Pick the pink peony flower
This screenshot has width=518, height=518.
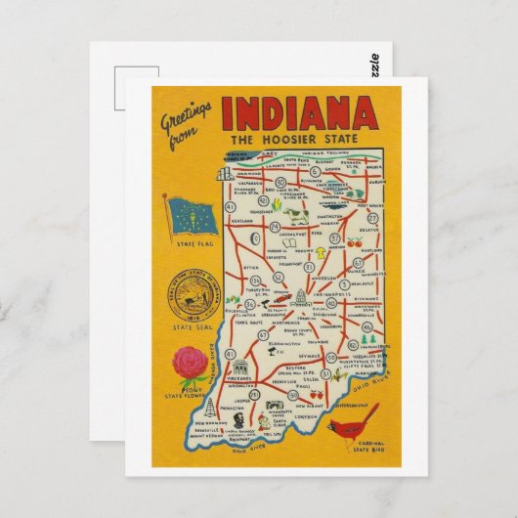point(191,365)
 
